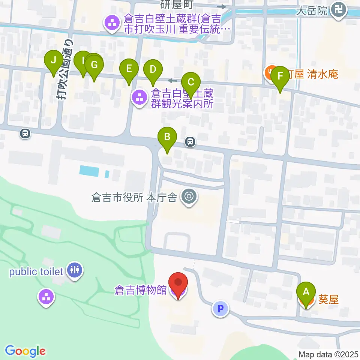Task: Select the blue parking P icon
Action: click(x=220, y=309)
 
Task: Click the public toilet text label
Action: click(x=36, y=271)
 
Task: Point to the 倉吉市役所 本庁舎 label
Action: click(x=134, y=197)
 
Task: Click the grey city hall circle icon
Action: click(x=189, y=196)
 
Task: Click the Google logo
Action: click(x=25, y=351)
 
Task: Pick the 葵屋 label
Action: click(x=328, y=299)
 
